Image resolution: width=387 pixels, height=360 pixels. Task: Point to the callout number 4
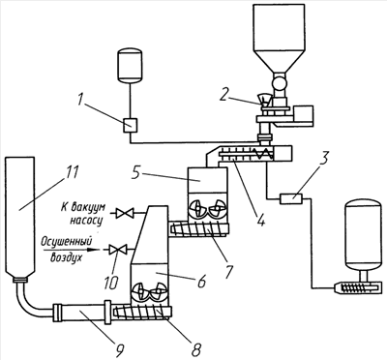260,218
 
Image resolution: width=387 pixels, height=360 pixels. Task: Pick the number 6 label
200,282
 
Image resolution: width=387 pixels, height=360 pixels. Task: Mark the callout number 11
72,171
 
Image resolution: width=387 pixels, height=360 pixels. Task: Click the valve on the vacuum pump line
124,213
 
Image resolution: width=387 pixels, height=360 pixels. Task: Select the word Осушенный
67,241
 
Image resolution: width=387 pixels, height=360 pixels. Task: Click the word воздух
66,257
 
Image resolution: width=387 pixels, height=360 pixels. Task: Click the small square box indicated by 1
131,125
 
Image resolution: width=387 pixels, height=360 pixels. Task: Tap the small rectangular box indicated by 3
291,198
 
